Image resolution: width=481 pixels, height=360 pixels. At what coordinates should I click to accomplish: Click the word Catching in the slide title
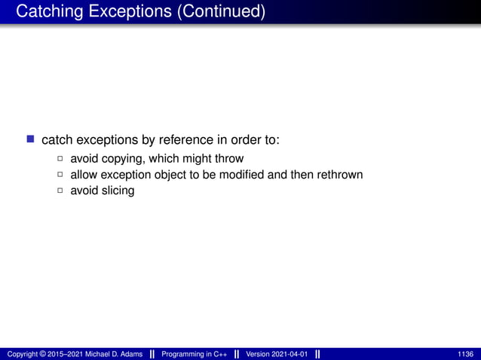46,12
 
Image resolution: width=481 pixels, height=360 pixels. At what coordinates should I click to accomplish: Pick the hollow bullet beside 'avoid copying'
60,159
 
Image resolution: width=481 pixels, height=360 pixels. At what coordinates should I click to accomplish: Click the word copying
123,159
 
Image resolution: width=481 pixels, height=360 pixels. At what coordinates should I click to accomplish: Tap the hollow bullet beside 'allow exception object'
60,175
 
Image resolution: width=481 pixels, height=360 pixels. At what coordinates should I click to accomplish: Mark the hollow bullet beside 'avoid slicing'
60,191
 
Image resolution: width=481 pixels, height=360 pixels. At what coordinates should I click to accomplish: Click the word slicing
118,191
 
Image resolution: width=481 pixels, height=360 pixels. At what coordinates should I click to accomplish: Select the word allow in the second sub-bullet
83,175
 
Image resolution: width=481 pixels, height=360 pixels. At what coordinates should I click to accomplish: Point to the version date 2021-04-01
289,354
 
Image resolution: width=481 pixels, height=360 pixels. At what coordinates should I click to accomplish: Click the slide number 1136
465,354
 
